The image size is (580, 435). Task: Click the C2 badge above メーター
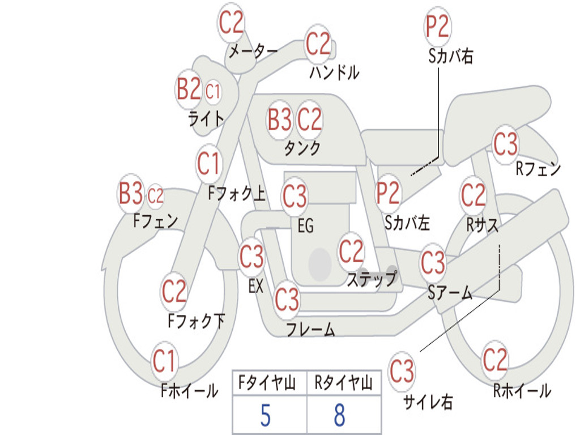coord(231,23)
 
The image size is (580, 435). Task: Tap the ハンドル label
coord(334,72)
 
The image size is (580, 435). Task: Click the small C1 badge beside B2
coord(213,91)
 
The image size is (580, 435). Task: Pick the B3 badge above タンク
coord(280,120)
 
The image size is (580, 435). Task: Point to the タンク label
coord(302,148)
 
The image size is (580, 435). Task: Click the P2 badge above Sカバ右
coord(437,27)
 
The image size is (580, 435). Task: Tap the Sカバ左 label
coord(407,223)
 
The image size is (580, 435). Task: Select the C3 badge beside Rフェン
coord(505,144)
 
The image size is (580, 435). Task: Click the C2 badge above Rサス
coord(473,195)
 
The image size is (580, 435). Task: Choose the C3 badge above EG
coord(295,196)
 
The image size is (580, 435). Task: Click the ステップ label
coord(372,279)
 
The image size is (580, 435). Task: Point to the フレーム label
coord(311,329)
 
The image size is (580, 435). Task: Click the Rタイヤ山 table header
coord(343,382)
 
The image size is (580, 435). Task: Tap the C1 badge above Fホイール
coord(164,361)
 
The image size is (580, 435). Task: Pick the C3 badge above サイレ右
coord(402,370)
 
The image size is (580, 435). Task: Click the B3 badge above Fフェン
coord(131,193)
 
